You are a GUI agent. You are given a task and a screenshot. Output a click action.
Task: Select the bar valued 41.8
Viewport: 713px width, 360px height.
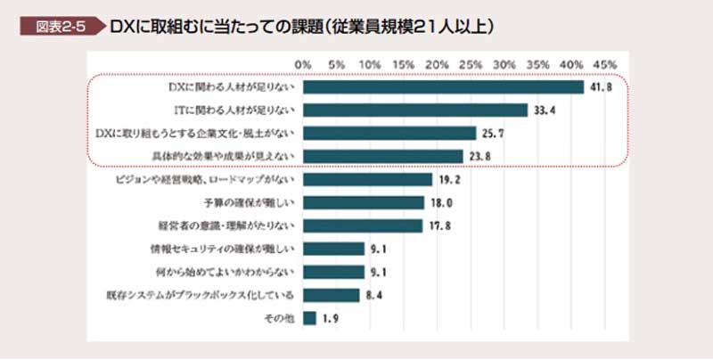point(443,87)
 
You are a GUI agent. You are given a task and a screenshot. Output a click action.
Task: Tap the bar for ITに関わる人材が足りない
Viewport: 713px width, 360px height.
point(415,110)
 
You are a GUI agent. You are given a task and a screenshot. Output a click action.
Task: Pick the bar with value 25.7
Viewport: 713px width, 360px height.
point(389,133)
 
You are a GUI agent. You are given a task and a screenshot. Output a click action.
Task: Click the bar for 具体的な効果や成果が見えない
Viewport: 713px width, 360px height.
point(383,156)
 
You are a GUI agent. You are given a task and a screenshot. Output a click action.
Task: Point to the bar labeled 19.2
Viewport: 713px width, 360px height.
point(367,179)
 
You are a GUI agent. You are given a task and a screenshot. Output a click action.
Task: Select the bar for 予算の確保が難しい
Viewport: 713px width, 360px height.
point(364,202)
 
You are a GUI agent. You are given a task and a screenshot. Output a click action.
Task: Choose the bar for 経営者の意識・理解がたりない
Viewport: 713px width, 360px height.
point(363,225)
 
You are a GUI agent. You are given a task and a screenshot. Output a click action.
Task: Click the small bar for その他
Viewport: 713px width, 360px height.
point(310,317)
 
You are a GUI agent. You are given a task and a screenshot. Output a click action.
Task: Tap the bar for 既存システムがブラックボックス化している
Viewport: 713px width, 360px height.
point(332,294)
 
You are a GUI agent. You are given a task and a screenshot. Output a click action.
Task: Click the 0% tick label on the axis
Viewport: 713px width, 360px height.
point(303,65)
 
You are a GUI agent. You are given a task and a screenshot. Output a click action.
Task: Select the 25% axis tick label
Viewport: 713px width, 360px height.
point(471,65)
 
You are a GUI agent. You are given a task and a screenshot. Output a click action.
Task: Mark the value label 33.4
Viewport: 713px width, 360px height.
point(545,110)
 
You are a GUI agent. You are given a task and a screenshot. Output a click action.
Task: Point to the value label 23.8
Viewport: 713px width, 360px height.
point(480,157)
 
